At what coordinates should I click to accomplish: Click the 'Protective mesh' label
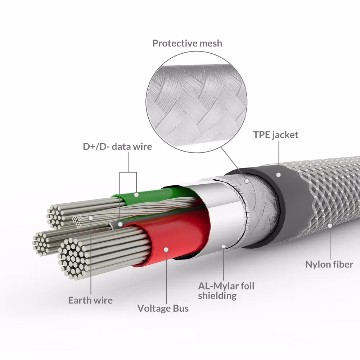pyautogui.click(x=187, y=44)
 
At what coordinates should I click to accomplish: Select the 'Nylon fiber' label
pyautogui.click(x=329, y=265)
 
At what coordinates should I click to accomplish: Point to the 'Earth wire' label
pyautogui.click(x=91, y=300)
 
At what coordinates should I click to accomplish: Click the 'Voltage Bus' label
pyautogui.click(x=163, y=308)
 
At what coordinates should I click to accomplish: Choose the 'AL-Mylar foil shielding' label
pyautogui.click(x=226, y=291)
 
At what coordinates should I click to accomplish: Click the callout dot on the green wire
pyautogui.click(x=137, y=194)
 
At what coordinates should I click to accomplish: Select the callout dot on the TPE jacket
pyautogui.click(x=278, y=174)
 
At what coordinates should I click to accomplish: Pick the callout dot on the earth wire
pyautogui.click(x=91, y=217)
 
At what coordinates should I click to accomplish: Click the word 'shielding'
pyautogui.click(x=217, y=296)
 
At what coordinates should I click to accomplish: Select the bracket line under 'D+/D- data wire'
pyautogui.click(x=128, y=173)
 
